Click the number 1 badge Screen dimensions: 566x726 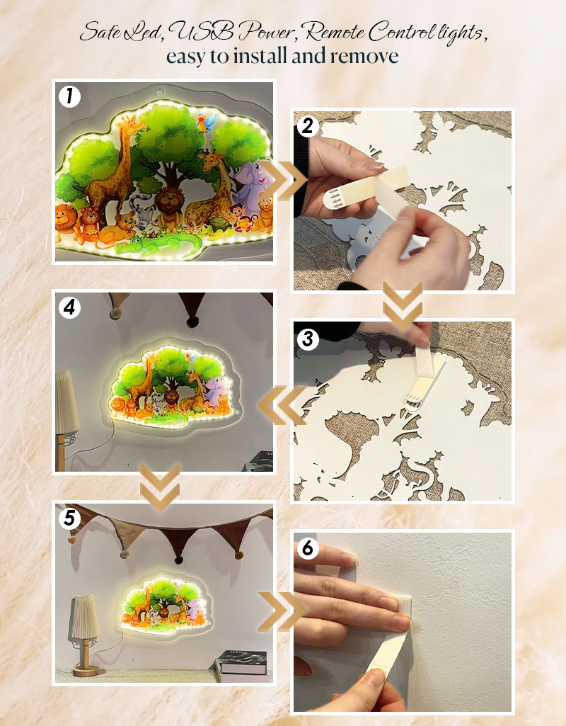(69, 97)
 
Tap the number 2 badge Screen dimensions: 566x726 (308, 126)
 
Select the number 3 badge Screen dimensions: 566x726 (308, 339)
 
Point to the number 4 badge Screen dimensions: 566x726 (69, 307)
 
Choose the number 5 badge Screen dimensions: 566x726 (69, 518)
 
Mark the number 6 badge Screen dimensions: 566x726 (308, 548)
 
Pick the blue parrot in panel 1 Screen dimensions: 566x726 (206, 123)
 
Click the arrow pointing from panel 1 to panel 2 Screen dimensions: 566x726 (284, 181)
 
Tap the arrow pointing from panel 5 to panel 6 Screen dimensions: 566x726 (282, 611)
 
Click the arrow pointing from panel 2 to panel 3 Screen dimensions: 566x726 (403, 305)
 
